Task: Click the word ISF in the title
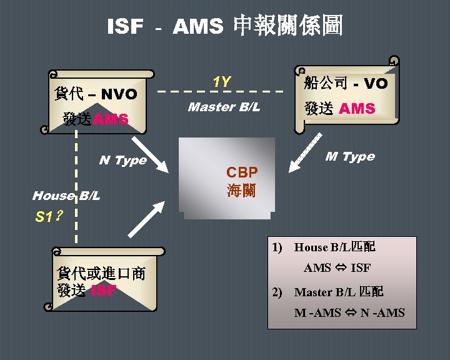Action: click(x=125, y=27)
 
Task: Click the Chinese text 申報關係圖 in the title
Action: click(x=287, y=26)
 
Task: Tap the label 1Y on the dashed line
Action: click(x=221, y=82)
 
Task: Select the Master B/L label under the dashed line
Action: click(x=224, y=107)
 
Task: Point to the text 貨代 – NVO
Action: click(x=96, y=94)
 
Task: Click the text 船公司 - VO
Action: click(x=346, y=83)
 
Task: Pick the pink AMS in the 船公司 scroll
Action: click(x=357, y=108)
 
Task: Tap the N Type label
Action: click(x=122, y=161)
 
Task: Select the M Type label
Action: click(x=350, y=156)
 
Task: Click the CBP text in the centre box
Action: click(x=242, y=172)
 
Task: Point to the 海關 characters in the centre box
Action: click(x=242, y=190)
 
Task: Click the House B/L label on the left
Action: click(x=66, y=196)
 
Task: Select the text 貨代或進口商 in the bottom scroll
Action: click(x=101, y=274)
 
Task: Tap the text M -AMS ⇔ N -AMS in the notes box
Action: click(x=349, y=312)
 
